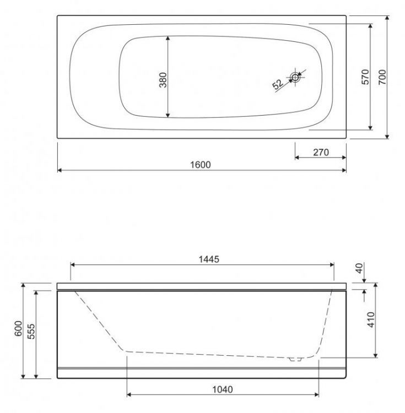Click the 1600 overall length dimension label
coord(202,165)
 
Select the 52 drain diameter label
coord(278,84)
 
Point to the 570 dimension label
coord(364,77)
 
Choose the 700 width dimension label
coord(382,77)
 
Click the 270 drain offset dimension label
coord(320,153)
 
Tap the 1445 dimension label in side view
coord(202,259)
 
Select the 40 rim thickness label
coord(360,269)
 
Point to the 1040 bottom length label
coord(222,389)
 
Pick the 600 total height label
coord(18,330)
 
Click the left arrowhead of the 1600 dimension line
coord(60,170)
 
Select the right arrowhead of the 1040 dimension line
coord(315,395)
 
